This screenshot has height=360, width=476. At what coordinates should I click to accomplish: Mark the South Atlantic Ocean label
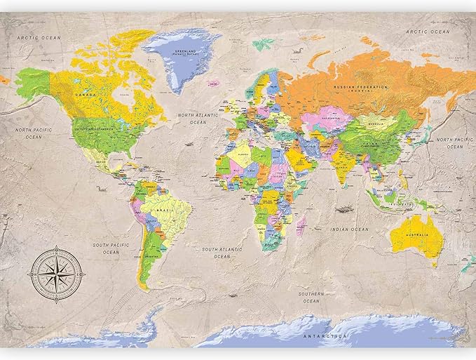point(222,253)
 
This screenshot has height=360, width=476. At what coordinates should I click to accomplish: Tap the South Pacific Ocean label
point(111,248)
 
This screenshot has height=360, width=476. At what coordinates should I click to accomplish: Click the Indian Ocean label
point(350,229)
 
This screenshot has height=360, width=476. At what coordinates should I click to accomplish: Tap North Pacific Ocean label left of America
point(35,133)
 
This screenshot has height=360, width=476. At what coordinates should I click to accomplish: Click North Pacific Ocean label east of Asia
point(449,143)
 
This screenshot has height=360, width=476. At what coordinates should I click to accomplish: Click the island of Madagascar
point(301,225)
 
